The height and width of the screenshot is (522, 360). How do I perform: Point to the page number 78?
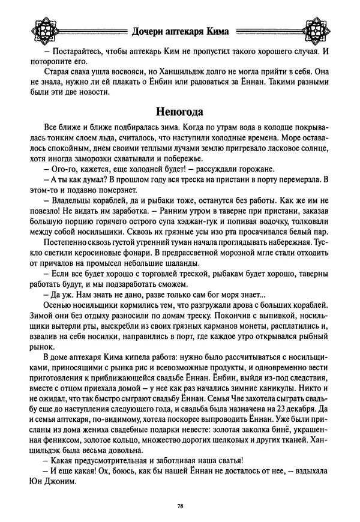click(180, 506)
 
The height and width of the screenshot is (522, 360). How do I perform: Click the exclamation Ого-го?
click(58, 169)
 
